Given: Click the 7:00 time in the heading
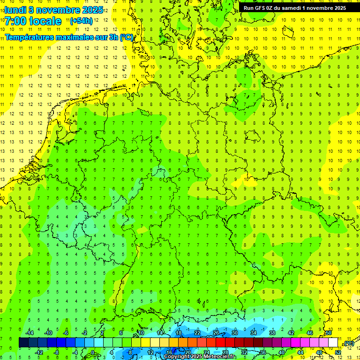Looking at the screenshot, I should coord(17,21).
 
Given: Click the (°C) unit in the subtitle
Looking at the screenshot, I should coord(126,37).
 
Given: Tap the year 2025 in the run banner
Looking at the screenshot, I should coord(338,7).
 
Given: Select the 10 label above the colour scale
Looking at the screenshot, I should coord(141,333).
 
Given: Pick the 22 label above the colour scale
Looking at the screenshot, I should coord(197,333).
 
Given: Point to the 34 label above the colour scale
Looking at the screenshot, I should coord(254,333).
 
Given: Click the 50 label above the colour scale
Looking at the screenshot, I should coord(329,333).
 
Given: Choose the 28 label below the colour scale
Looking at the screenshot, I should coord(225,352).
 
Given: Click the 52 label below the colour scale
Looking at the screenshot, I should coord(338,352).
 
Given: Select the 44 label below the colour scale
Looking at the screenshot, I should coord(300,352).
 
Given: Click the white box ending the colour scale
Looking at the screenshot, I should coord(333,343).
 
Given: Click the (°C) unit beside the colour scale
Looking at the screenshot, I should coord(349,343).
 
